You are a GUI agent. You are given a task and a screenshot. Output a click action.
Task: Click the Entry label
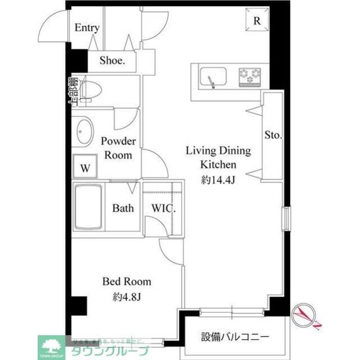point(87,28)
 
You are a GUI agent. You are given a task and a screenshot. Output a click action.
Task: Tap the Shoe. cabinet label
point(112,61)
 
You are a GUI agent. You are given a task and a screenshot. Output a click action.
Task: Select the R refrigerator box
point(256,21)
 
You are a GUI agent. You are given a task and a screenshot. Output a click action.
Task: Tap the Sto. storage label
point(273,136)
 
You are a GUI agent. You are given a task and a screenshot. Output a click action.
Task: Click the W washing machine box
point(85,168)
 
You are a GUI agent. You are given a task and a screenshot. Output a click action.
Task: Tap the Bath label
point(123,208)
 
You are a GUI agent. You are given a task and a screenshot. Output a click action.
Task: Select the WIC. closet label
point(164,208)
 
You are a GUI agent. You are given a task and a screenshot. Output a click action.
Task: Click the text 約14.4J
point(219,180)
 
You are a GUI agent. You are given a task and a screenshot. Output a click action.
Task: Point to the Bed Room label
point(126,282)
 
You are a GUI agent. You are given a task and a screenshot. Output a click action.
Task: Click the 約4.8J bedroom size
point(126,296)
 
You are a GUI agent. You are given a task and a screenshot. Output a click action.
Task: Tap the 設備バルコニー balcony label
point(235,337)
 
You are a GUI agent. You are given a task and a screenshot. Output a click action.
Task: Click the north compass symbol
point(307,316)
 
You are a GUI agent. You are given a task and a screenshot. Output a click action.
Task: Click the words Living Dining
point(219,151)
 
